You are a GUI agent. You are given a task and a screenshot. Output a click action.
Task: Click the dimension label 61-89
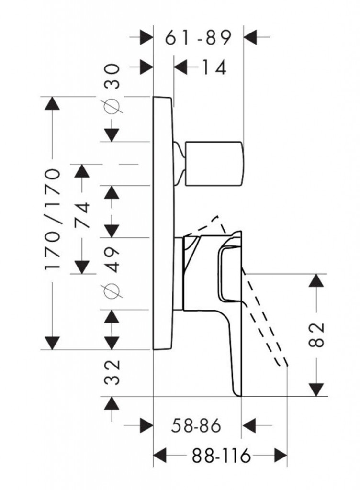(x=198, y=37)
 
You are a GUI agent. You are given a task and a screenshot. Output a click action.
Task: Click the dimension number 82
(x=316, y=335)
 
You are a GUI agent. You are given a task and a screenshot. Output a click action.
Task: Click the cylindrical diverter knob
(x=215, y=163)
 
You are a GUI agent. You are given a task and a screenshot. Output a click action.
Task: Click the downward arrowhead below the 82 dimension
(x=316, y=389)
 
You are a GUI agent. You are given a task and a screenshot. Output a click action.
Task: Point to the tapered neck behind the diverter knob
(x=180, y=163)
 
